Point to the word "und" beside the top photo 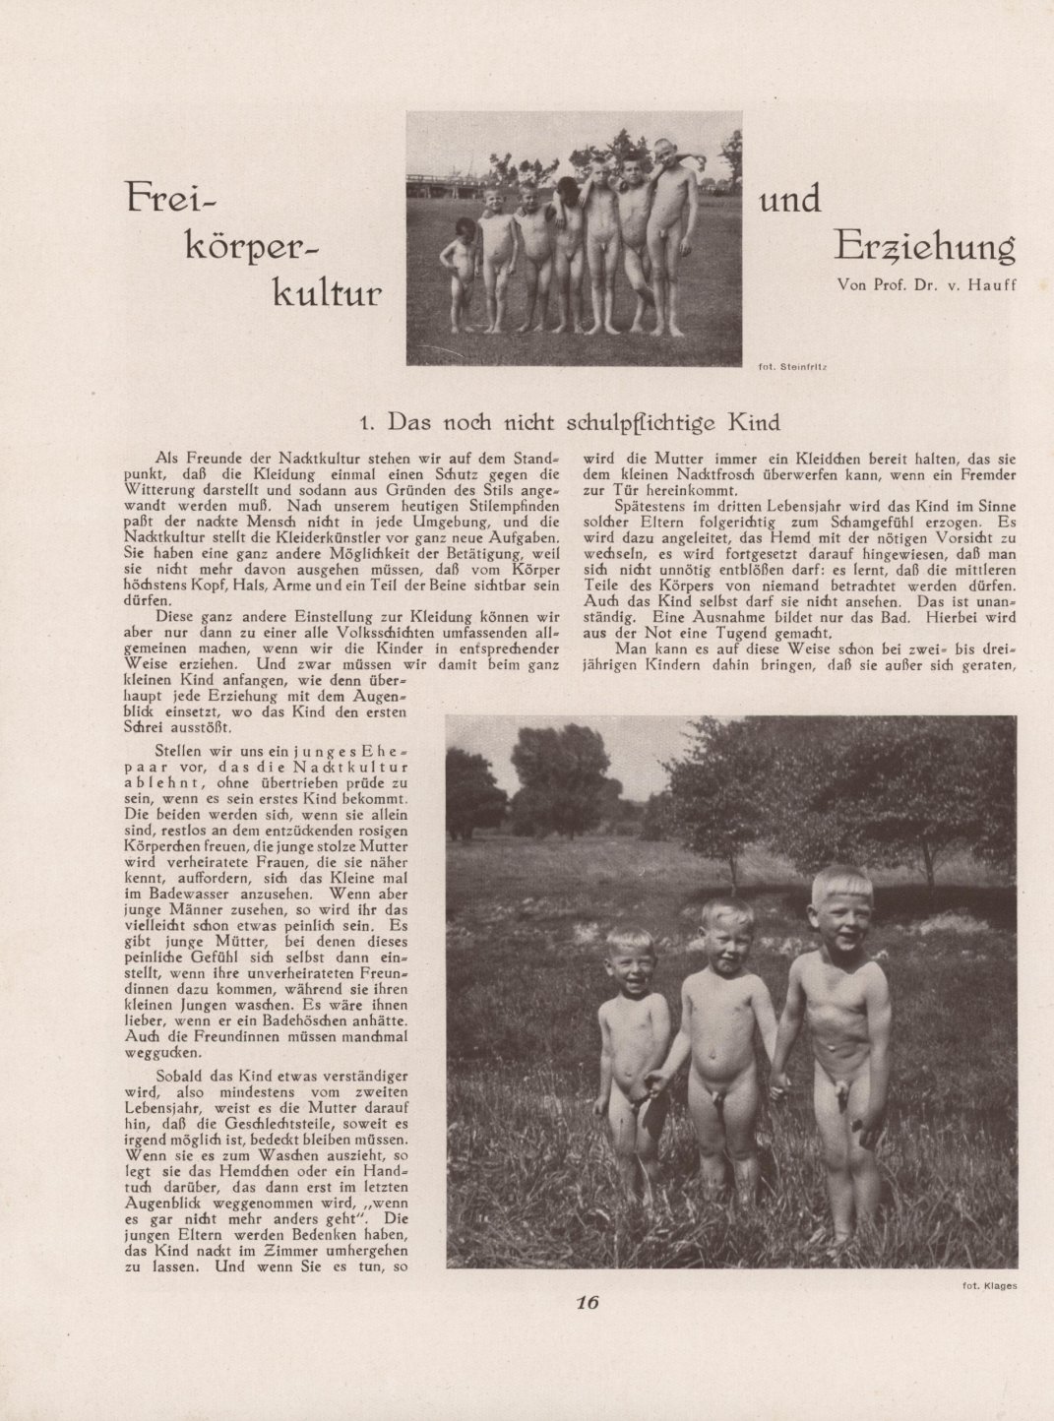coord(789,200)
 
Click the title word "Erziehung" coord(924,246)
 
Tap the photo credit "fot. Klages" coord(989,1286)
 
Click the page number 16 coord(588,1302)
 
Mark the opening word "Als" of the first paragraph coord(168,458)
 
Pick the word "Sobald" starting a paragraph coord(179,1077)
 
